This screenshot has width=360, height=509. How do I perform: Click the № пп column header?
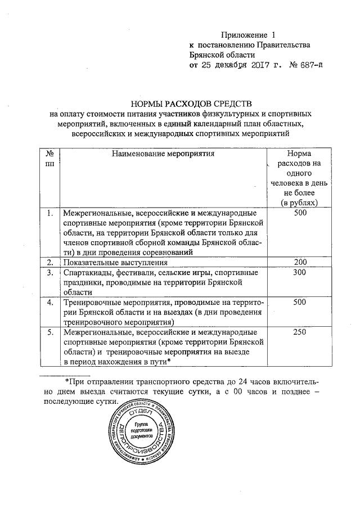pos(49,157)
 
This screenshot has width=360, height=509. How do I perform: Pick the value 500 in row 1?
pos(300,213)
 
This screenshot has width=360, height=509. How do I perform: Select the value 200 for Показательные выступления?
pos(300,263)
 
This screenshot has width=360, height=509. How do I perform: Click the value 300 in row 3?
pos(300,273)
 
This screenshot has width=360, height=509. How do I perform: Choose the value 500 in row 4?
pos(300,303)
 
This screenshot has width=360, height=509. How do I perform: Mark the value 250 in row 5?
pos(300,332)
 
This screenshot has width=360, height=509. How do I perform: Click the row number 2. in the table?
pos(49,263)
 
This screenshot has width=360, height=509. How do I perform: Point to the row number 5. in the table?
pos(49,332)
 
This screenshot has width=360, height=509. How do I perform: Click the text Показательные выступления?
pos(115,263)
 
